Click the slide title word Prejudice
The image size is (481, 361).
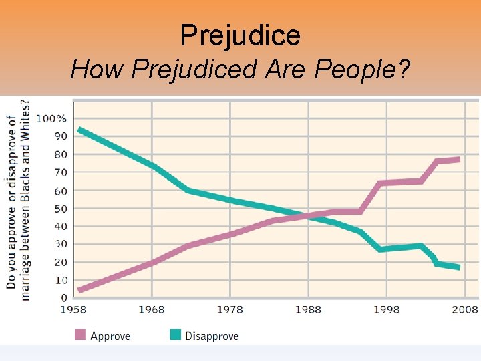point(240,35)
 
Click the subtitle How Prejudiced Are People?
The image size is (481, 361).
point(240,69)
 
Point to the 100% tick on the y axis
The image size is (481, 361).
point(51,119)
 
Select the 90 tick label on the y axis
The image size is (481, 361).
point(60,136)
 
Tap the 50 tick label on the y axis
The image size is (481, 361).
point(60,209)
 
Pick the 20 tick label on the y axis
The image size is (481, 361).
point(60,263)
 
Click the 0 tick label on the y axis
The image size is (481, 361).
point(63,298)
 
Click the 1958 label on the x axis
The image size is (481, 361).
point(73,310)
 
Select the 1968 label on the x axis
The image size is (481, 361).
point(152,310)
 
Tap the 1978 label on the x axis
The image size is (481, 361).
point(230,310)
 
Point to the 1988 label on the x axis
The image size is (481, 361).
point(308,310)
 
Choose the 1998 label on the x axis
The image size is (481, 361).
point(386,310)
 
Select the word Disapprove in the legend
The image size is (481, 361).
point(212,336)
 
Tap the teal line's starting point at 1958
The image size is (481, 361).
point(80,130)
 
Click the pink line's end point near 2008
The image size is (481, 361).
point(458,160)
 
